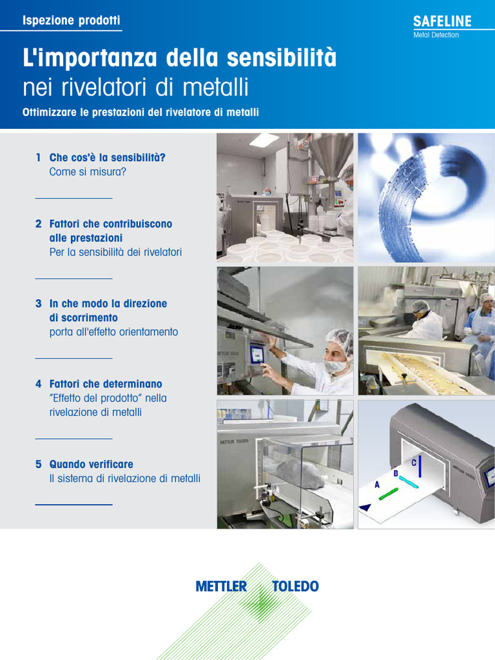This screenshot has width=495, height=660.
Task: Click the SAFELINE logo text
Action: point(442,21)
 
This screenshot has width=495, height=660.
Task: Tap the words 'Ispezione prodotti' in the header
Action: point(71,20)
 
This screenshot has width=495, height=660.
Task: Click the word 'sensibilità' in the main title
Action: point(282,57)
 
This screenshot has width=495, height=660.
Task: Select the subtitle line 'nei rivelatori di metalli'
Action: point(135,87)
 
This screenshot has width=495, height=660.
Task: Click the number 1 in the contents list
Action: point(38,157)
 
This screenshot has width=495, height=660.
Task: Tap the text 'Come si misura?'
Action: point(88,171)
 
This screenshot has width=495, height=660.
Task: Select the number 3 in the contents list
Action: point(38,304)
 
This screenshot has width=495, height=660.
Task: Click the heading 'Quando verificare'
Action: point(92,464)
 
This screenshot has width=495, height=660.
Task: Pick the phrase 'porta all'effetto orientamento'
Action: point(113,332)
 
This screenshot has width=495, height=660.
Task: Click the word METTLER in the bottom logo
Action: point(221,587)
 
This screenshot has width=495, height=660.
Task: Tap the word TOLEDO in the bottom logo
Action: point(295,587)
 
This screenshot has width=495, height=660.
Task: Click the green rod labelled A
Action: point(388,494)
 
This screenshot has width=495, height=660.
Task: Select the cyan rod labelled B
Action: point(408,482)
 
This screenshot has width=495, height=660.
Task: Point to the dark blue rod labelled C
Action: point(420,467)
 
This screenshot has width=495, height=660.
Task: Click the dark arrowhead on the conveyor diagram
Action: point(365,507)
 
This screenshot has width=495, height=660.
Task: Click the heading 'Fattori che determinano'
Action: point(106,384)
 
